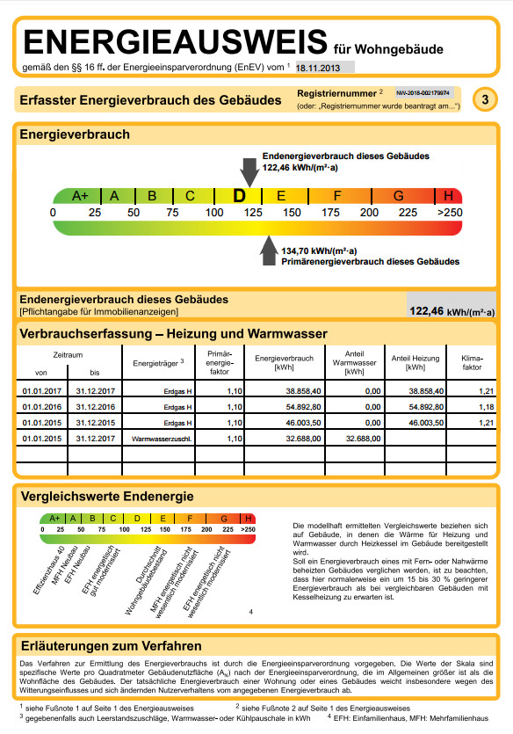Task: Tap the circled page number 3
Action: (485, 99)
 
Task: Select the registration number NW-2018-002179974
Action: (423, 91)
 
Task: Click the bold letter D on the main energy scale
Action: (239, 196)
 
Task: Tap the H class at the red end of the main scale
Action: (449, 196)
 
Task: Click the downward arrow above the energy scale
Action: (249, 170)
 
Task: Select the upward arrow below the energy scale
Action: (269, 251)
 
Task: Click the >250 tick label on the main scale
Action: (449, 213)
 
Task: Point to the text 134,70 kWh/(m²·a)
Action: (313, 251)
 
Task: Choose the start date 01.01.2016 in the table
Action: (43, 407)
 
